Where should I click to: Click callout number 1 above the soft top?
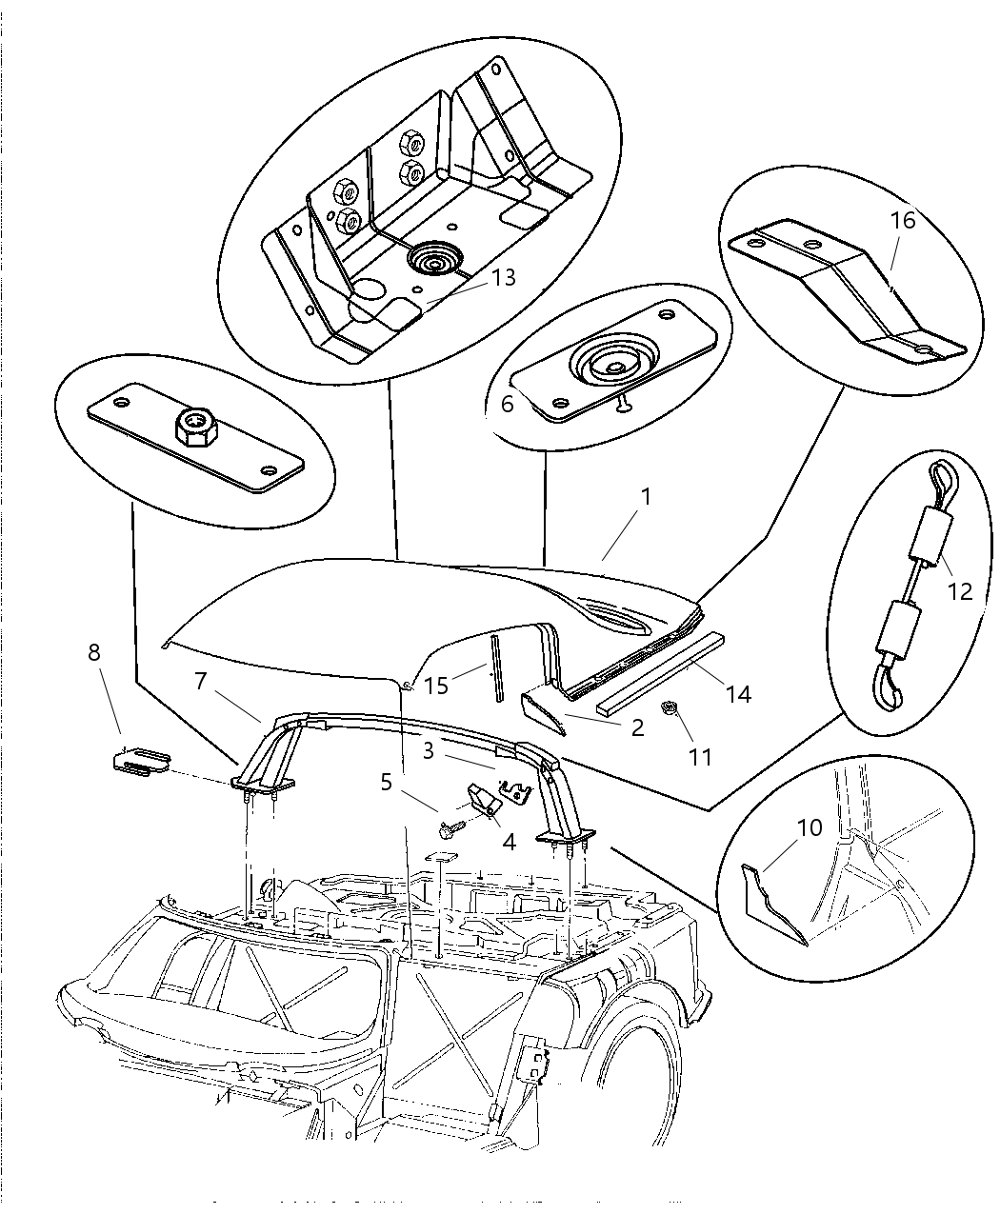(x=646, y=497)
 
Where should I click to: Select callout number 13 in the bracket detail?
(x=504, y=278)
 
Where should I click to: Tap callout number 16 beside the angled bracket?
(x=902, y=221)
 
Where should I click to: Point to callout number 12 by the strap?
(x=960, y=591)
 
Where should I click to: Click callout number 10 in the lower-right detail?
(x=809, y=827)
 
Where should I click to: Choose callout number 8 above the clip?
(x=93, y=652)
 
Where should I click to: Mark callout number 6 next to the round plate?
(x=507, y=404)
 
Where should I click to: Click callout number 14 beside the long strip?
(x=737, y=695)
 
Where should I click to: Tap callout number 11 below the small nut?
(x=700, y=757)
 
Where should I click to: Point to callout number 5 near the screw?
(x=386, y=782)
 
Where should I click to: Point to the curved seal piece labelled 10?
(x=772, y=901)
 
